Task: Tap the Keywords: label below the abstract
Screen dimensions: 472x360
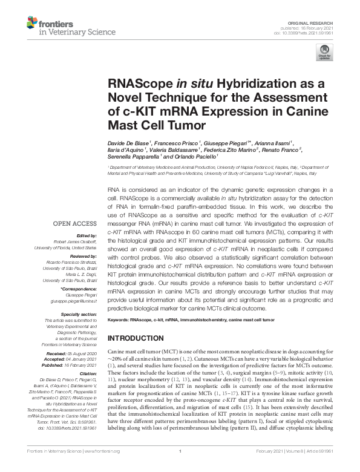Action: pyautogui.click(x=118, y=320)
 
